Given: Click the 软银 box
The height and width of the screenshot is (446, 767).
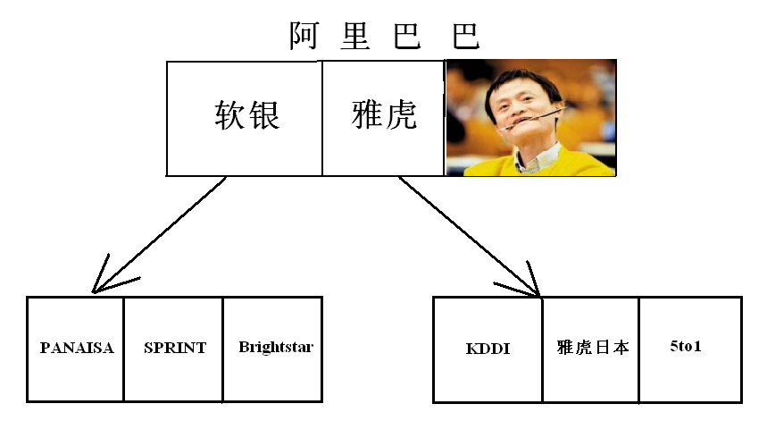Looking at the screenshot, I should point(244,117).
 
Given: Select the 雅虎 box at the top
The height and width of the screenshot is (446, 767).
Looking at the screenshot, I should point(383,117).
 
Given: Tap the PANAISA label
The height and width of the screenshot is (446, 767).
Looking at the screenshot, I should point(77,348).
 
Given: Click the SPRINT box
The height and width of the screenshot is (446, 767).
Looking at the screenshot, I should point(173,348).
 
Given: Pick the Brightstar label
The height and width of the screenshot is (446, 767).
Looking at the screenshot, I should point(275,347).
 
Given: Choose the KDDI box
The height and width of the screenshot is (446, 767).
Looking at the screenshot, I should point(488,348).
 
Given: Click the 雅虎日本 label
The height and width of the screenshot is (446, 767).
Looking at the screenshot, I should point(591,347).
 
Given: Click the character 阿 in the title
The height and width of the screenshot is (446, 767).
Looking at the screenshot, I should point(304,36).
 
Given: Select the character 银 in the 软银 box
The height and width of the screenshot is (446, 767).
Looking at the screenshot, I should point(263,117).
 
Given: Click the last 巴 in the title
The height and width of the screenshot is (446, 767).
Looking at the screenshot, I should point(464,36).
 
